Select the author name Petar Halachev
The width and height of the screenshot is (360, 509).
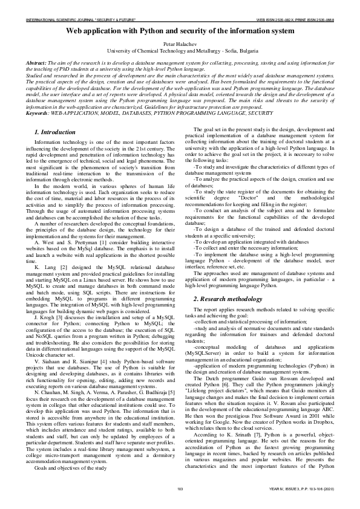(180, 46)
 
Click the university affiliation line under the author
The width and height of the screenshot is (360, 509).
(180, 52)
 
